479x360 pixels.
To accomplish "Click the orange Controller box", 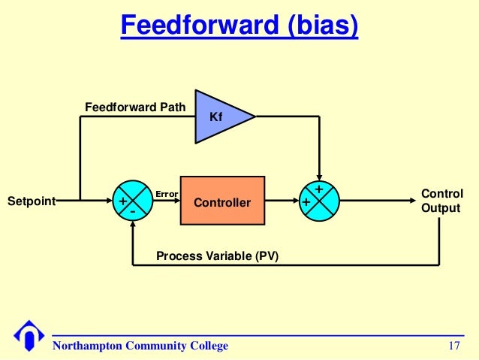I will pyautogui.click(x=222, y=201).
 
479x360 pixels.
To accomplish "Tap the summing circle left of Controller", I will pyautogui.click(x=132, y=201).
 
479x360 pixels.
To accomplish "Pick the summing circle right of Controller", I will pyautogui.click(x=320, y=201).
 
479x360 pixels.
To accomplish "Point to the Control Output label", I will pyautogui.click(x=441, y=201).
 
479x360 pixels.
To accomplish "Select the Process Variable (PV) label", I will pyautogui.click(x=217, y=256).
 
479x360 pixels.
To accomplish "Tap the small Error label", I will pyautogui.click(x=166, y=194).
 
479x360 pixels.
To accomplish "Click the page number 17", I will pyautogui.click(x=453, y=346).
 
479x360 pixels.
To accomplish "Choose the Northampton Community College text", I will pyautogui.click(x=140, y=346).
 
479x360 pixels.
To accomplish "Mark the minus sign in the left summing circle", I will pyautogui.click(x=132, y=212).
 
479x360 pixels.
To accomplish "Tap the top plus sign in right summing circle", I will pyautogui.click(x=319, y=189).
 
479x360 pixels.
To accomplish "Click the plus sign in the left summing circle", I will pyautogui.click(x=122, y=201).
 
